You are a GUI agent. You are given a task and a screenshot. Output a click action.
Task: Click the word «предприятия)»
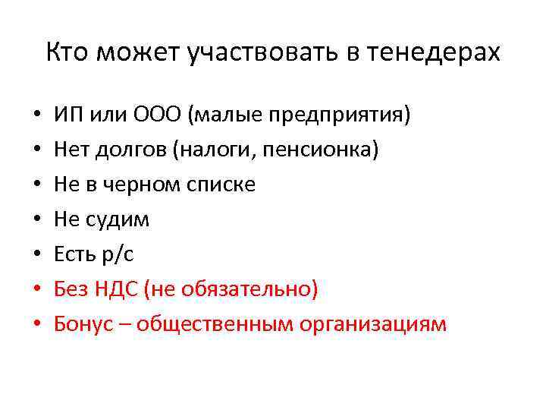344,116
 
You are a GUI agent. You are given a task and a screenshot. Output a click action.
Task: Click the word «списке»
220,185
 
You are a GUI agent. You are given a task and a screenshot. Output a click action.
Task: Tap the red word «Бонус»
80,325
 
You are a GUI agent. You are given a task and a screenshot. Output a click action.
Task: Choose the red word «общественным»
207,325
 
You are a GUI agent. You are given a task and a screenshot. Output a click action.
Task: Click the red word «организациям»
373,325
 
